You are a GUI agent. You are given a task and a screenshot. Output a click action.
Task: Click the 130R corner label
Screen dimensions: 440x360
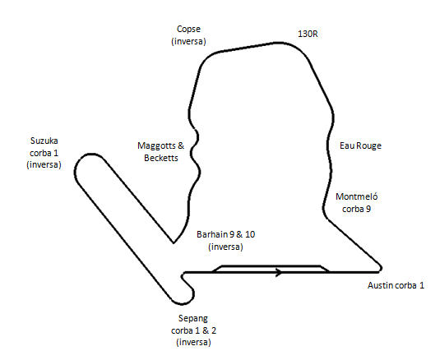pos(308,34)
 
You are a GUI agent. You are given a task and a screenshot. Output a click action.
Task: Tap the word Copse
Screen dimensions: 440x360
pos(188,29)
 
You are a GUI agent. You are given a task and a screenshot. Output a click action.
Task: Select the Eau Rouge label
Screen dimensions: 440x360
pos(360,145)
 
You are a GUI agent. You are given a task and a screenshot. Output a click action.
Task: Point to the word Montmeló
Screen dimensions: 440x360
pos(357,196)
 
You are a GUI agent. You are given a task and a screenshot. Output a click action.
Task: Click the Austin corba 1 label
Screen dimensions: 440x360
pos(396,285)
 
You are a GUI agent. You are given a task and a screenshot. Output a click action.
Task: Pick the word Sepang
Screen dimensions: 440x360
pos(193,319)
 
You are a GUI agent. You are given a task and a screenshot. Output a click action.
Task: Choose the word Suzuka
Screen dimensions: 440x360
pos(44,141)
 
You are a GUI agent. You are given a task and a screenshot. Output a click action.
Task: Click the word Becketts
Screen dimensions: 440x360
pos(161,158)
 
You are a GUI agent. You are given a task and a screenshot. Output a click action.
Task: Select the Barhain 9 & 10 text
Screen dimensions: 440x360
pos(225,234)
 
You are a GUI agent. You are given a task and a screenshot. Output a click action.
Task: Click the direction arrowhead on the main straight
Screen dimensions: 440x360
pos(279,272)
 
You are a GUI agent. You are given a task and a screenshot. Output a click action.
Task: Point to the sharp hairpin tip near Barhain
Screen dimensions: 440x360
pos(174,242)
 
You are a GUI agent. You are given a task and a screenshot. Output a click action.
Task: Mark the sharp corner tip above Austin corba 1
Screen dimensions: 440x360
pos(380,268)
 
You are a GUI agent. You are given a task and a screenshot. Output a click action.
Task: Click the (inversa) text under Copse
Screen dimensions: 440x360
pos(188,41)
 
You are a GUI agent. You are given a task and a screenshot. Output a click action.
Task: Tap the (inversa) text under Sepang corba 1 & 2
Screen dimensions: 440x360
pos(193,343)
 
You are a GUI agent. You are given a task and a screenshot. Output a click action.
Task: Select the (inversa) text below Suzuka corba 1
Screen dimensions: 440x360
pos(44,164)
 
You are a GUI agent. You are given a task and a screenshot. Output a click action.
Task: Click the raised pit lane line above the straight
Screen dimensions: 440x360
pos(271,265)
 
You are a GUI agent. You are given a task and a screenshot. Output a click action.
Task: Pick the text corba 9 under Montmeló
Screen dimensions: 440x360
pos(357,209)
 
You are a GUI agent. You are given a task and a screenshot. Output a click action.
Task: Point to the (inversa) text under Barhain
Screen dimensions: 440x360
pos(225,247)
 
